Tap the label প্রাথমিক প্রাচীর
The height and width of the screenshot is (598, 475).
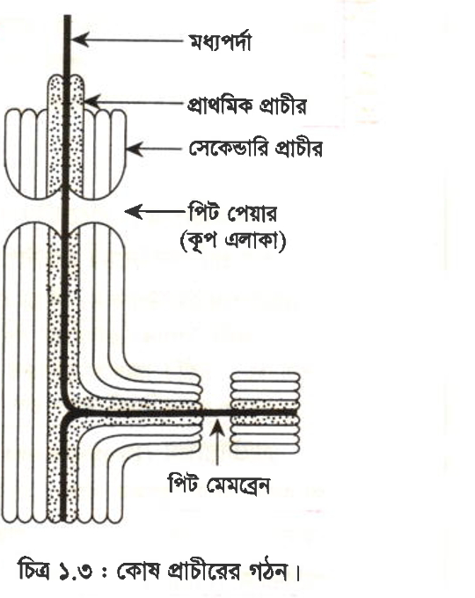(246, 105)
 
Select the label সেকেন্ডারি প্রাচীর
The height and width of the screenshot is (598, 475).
(255, 148)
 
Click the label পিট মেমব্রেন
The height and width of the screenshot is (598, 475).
(219, 485)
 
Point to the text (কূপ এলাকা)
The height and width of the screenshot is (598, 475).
(233, 242)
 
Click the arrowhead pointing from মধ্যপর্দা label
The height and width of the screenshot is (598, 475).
(79, 40)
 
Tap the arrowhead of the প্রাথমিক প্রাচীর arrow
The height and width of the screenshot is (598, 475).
(91, 102)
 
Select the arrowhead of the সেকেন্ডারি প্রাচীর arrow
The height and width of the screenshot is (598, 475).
(135, 149)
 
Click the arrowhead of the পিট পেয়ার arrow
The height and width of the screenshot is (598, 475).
(134, 212)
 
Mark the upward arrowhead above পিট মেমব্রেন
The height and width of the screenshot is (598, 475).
(218, 426)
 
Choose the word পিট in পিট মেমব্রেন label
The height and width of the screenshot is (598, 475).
(184, 485)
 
